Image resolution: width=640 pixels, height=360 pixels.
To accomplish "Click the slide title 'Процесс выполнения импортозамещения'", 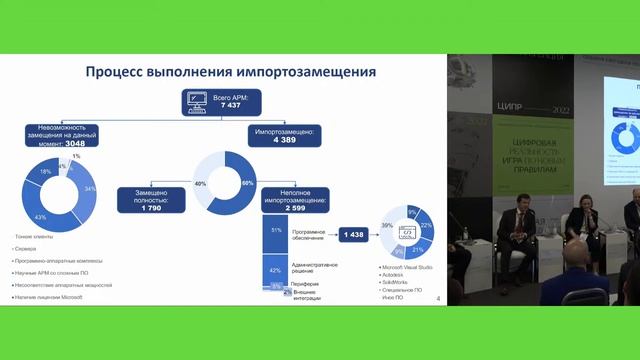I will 230,72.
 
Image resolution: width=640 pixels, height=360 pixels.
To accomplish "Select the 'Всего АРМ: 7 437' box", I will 231,101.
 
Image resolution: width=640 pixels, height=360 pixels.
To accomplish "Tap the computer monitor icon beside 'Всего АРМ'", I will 197,101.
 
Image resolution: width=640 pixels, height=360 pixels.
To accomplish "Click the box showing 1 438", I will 354,233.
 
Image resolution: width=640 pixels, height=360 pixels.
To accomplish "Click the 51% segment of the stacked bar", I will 276,230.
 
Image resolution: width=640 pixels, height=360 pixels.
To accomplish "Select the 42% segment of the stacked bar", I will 276,269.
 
